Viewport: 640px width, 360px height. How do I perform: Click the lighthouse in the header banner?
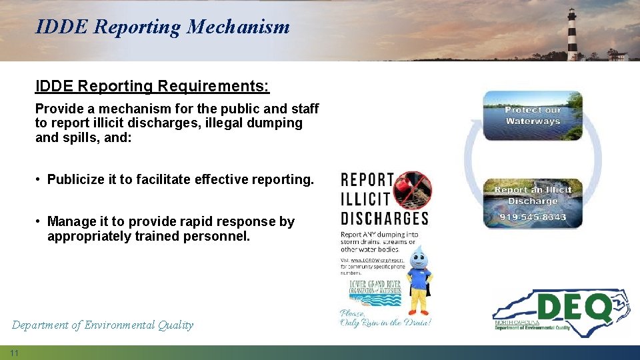coord(572,35)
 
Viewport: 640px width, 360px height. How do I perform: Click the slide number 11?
coord(14,352)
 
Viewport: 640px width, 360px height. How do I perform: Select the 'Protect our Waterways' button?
coord(533,115)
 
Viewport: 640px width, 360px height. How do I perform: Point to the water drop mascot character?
coord(419,280)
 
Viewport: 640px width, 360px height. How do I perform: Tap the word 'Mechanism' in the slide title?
coord(238,27)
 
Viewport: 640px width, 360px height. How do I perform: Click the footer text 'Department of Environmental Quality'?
coord(103,325)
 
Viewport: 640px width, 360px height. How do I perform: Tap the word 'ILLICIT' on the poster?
coord(365,198)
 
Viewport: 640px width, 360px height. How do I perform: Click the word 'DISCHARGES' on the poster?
coord(384,218)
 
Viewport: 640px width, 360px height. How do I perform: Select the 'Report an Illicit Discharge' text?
coord(533,195)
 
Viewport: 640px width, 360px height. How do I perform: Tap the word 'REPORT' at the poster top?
coord(367,179)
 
